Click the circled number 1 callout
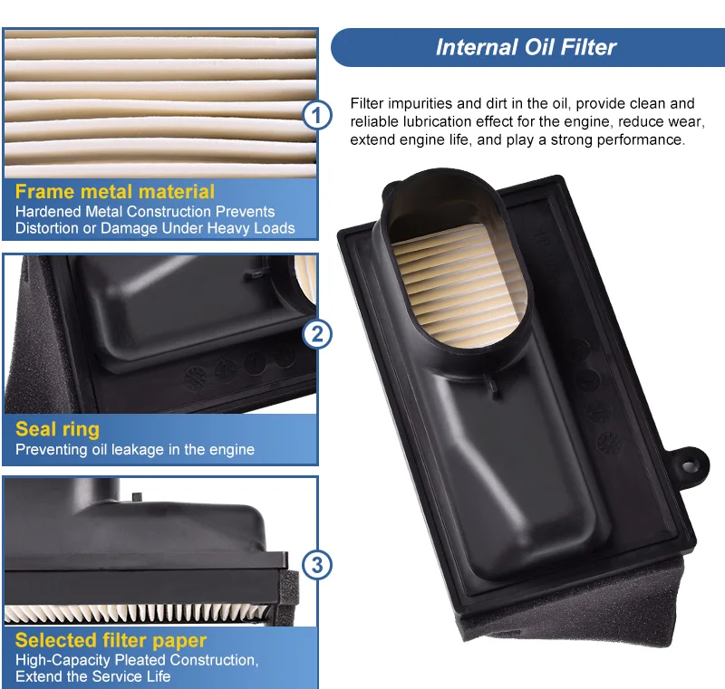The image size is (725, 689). [x=316, y=115]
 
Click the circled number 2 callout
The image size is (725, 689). [x=316, y=334]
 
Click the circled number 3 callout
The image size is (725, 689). [x=316, y=564]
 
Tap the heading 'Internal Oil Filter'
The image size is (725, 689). [x=526, y=47]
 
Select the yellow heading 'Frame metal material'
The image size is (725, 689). [x=115, y=191]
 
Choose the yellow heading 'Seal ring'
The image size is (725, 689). [x=57, y=429]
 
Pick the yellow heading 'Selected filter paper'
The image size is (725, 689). [x=111, y=640]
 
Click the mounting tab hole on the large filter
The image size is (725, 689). [x=689, y=465]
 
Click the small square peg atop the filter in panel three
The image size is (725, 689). [x=137, y=497]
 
